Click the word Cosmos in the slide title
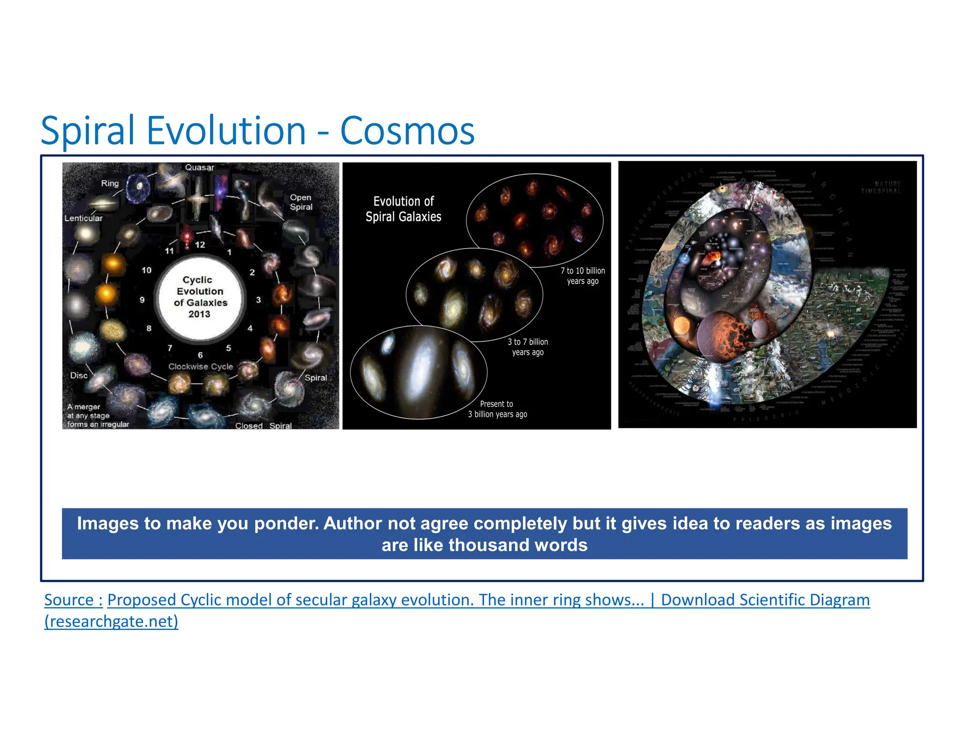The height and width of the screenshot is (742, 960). coord(407,131)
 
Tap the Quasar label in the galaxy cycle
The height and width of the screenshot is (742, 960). coord(199,167)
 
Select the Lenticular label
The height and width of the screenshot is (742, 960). coord(83,218)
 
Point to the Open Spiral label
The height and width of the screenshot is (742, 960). coord(301,202)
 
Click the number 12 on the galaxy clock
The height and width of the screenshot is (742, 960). coord(200,244)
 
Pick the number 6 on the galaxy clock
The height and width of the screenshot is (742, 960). coord(200,355)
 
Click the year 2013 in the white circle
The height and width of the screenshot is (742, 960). coord(199,314)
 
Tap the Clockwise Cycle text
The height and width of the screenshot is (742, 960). coord(201,366)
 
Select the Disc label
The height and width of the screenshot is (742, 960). coord(79,375)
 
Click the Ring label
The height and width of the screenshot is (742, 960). coord(110,183)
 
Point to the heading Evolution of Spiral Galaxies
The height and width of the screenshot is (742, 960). coord(403,209)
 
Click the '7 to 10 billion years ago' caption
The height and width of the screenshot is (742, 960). coord(583,276)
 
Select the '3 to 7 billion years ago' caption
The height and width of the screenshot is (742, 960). coord(528,347)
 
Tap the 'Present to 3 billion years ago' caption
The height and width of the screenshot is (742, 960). coord(497,409)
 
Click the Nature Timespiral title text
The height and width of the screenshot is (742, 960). coord(881,188)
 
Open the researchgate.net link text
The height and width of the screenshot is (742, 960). coord(111,621)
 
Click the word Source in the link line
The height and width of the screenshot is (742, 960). coord(69,600)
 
